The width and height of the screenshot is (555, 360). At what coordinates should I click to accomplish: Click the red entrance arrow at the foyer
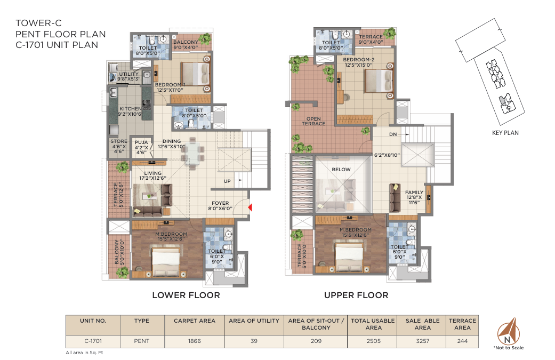point(250,207)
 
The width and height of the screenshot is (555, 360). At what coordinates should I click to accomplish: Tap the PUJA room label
point(141,142)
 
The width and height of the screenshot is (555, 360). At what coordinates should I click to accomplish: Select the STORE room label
point(119,141)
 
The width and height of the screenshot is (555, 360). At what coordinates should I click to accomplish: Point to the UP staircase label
point(227,181)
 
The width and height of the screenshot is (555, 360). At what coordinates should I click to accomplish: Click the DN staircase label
point(393,134)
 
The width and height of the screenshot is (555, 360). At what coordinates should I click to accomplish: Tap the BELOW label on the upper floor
point(341,170)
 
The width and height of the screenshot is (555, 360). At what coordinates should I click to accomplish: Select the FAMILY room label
point(414,193)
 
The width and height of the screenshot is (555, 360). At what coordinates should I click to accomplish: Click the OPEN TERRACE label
point(313,122)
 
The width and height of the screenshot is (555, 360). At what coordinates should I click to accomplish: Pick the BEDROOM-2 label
point(359,60)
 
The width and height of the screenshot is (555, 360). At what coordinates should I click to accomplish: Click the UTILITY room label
point(129,74)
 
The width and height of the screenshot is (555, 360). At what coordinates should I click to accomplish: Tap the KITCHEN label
point(130,109)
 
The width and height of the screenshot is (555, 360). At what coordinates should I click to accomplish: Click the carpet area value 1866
point(194,341)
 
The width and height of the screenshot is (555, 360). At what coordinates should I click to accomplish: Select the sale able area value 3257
point(423,341)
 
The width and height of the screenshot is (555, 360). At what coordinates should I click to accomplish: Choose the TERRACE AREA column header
point(462,324)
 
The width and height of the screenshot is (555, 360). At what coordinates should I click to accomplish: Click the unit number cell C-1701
point(93,341)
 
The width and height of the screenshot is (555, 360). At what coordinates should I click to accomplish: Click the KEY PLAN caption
point(505,133)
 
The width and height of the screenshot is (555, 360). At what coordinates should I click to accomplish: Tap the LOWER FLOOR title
point(186,295)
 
